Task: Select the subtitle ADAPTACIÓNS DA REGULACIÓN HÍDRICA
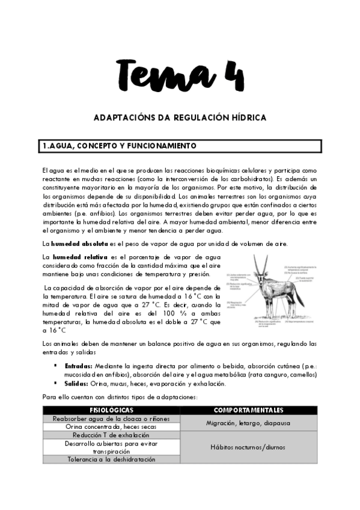[180, 118]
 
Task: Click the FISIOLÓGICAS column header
[111, 410]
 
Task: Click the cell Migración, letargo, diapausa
[248, 423]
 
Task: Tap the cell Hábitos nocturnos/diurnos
[248, 447]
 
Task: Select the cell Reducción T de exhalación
[111, 435]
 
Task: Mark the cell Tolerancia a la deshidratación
[111, 459]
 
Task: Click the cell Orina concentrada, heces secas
[111, 426]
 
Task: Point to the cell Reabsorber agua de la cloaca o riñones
[111, 419]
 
